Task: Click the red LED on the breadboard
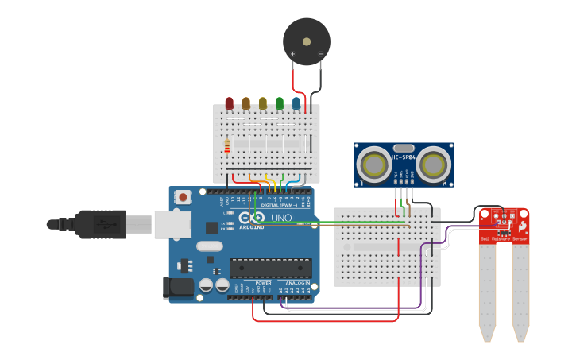click(x=230, y=103)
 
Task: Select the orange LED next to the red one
click(x=246, y=103)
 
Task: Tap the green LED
click(x=280, y=103)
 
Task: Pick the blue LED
click(x=296, y=103)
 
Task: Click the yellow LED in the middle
click(x=263, y=103)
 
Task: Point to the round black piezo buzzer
click(x=307, y=41)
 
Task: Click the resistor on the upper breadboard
click(x=227, y=146)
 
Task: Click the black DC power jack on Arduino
click(x=178, y=288)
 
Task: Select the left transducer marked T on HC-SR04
click(x=372, y=165)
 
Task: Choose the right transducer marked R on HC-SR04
click(x=435, y=165)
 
